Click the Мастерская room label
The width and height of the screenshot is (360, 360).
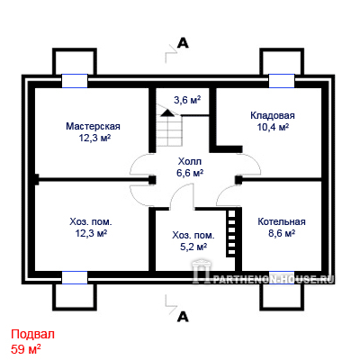[93, 126]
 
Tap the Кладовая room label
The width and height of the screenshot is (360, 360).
[273, 115]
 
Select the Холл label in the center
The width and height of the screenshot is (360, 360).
[190, 162]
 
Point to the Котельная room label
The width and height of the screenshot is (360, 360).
[282, 221]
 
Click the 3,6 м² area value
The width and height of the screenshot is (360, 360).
[187, 100]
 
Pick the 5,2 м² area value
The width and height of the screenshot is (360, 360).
[193, 247]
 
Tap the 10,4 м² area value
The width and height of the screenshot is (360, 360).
[273, 127]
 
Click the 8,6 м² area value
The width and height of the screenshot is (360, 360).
[282, 233]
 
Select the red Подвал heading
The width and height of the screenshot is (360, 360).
[33, 334]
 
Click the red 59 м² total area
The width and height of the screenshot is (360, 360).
[26, 349]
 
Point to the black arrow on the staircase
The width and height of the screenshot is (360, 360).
[167, 112]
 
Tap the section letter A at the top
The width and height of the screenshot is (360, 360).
[183, 43]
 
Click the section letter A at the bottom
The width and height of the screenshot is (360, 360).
[183, 317]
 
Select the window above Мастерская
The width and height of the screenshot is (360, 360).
[75, 81]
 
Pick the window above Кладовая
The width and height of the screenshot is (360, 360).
[282, 81]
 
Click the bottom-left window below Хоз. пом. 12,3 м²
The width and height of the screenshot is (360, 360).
[75, 277]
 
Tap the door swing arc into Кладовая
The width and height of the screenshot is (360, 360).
[256, 161]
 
